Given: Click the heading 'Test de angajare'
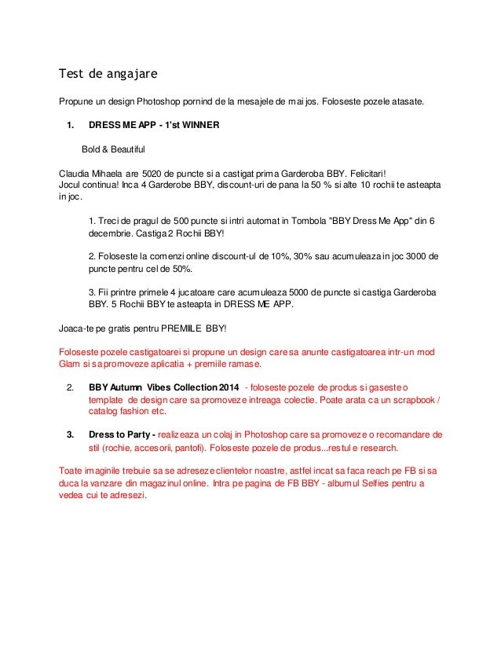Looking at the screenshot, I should [108, 75].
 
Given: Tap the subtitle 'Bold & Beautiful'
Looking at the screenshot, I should [113, 148].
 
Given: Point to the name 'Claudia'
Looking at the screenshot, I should [76, 173].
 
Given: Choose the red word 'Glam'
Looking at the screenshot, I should [71, 364].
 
